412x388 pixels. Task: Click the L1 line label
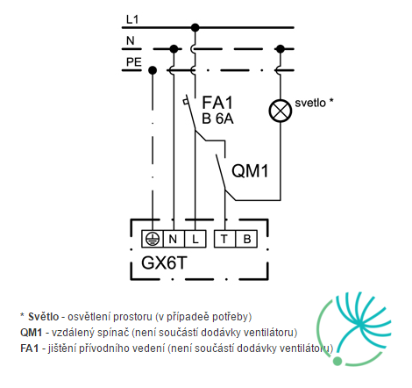pyautogui.click(x=132, y=19)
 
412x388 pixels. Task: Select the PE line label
pyautogui.click(x=133, y=62)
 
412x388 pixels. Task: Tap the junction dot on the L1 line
pyautogui.click(x=195, y=28)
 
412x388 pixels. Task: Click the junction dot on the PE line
pyautogui.click(x=153, y=70)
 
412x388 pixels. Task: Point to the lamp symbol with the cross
pyautogui.click(x=281, y=111)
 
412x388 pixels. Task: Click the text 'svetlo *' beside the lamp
pyautogui.click(x=314, y=103)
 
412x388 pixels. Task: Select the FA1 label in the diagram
pyautogui.click(x=217, y=103)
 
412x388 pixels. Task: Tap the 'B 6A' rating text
pyautogui.click(x=217, y=119)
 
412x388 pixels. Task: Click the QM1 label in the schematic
pyautogui.click(x=250, y=170)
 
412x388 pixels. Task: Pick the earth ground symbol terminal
pyautogui.click(x=153, y=239)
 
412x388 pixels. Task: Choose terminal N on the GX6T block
pyautogui.click(x=174, y=239)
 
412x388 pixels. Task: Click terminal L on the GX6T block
pyautogui.click(x=195, y=239)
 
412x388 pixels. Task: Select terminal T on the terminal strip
pyautogui.click(x=224, y=239)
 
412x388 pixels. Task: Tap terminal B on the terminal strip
pyautogui.click(x=246, y=239)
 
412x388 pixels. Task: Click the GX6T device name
pyautogui.click(x=164, y=262)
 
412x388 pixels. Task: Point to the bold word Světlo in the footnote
pyautogui.click(x=44, y=317)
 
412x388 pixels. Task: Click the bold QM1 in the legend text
pyautogui.click(x=31, y=333)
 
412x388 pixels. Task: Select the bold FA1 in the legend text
pyautogui.click(x=30, y=348)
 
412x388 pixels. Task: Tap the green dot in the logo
pyautogui.click(x=337, y=362)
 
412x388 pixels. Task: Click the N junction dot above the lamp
pyautogui.click(x=281, y=49)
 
